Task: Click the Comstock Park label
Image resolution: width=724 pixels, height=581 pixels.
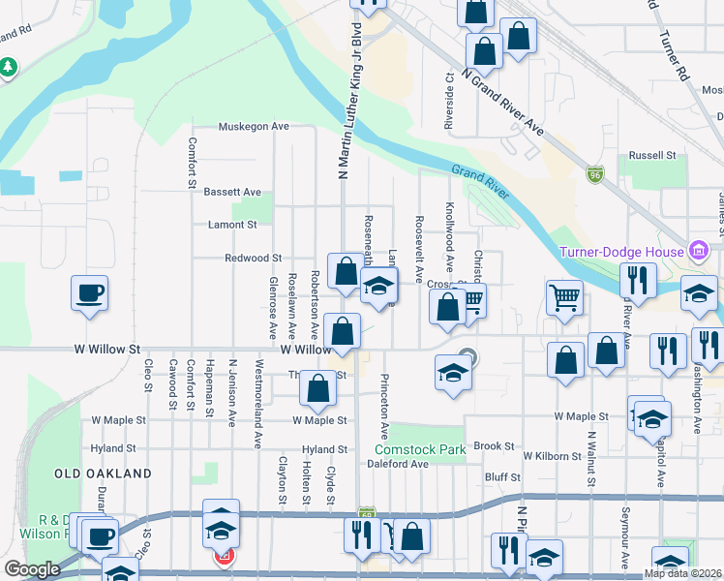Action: click(421, 449)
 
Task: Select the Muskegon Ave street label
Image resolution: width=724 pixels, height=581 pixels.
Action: click(254, 127)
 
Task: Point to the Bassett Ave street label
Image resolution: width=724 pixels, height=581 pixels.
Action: click(232, 193)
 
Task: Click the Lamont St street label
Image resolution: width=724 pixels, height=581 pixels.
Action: click(232, 225)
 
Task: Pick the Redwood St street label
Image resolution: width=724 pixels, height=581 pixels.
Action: click(253, 259)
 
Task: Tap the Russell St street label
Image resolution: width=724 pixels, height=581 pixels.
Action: click(651, 155)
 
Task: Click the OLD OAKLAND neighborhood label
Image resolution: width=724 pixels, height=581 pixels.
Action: click(103, 474)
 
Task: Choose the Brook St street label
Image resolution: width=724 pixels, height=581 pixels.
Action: click(495, 446)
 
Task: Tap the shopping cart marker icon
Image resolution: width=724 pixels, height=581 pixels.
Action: click(564, 297)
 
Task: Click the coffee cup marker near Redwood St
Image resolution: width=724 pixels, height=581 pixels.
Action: click(89, 292)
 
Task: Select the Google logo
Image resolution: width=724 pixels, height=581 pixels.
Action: click(32, 569)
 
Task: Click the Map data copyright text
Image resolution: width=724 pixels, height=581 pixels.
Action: click(681, 573)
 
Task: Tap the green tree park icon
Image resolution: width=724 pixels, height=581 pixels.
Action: click(9, 67)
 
